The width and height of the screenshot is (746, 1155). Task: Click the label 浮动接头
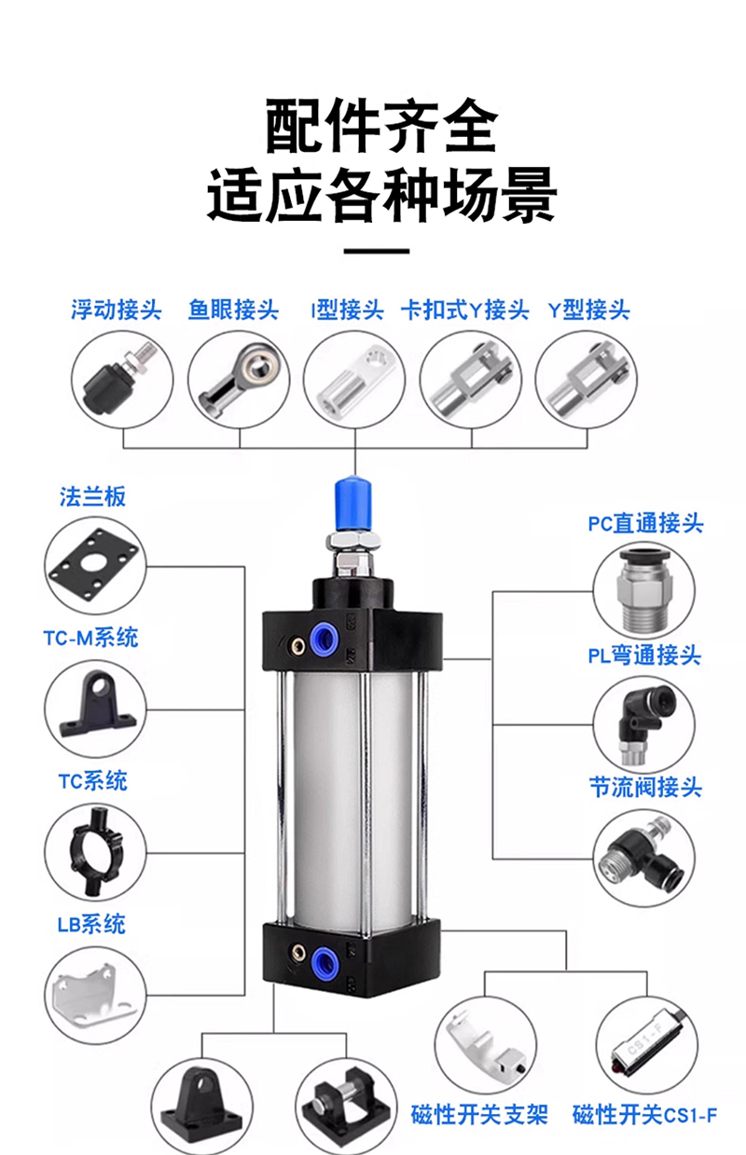117,309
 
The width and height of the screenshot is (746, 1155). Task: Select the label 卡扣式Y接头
464,309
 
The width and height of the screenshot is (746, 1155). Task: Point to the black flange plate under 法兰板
94,565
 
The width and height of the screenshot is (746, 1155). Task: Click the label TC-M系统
90,639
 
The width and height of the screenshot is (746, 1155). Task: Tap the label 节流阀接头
644,788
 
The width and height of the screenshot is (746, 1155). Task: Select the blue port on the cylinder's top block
324,639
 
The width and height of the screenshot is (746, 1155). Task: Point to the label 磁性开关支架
479,1114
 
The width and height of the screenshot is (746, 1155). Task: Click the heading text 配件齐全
381,127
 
